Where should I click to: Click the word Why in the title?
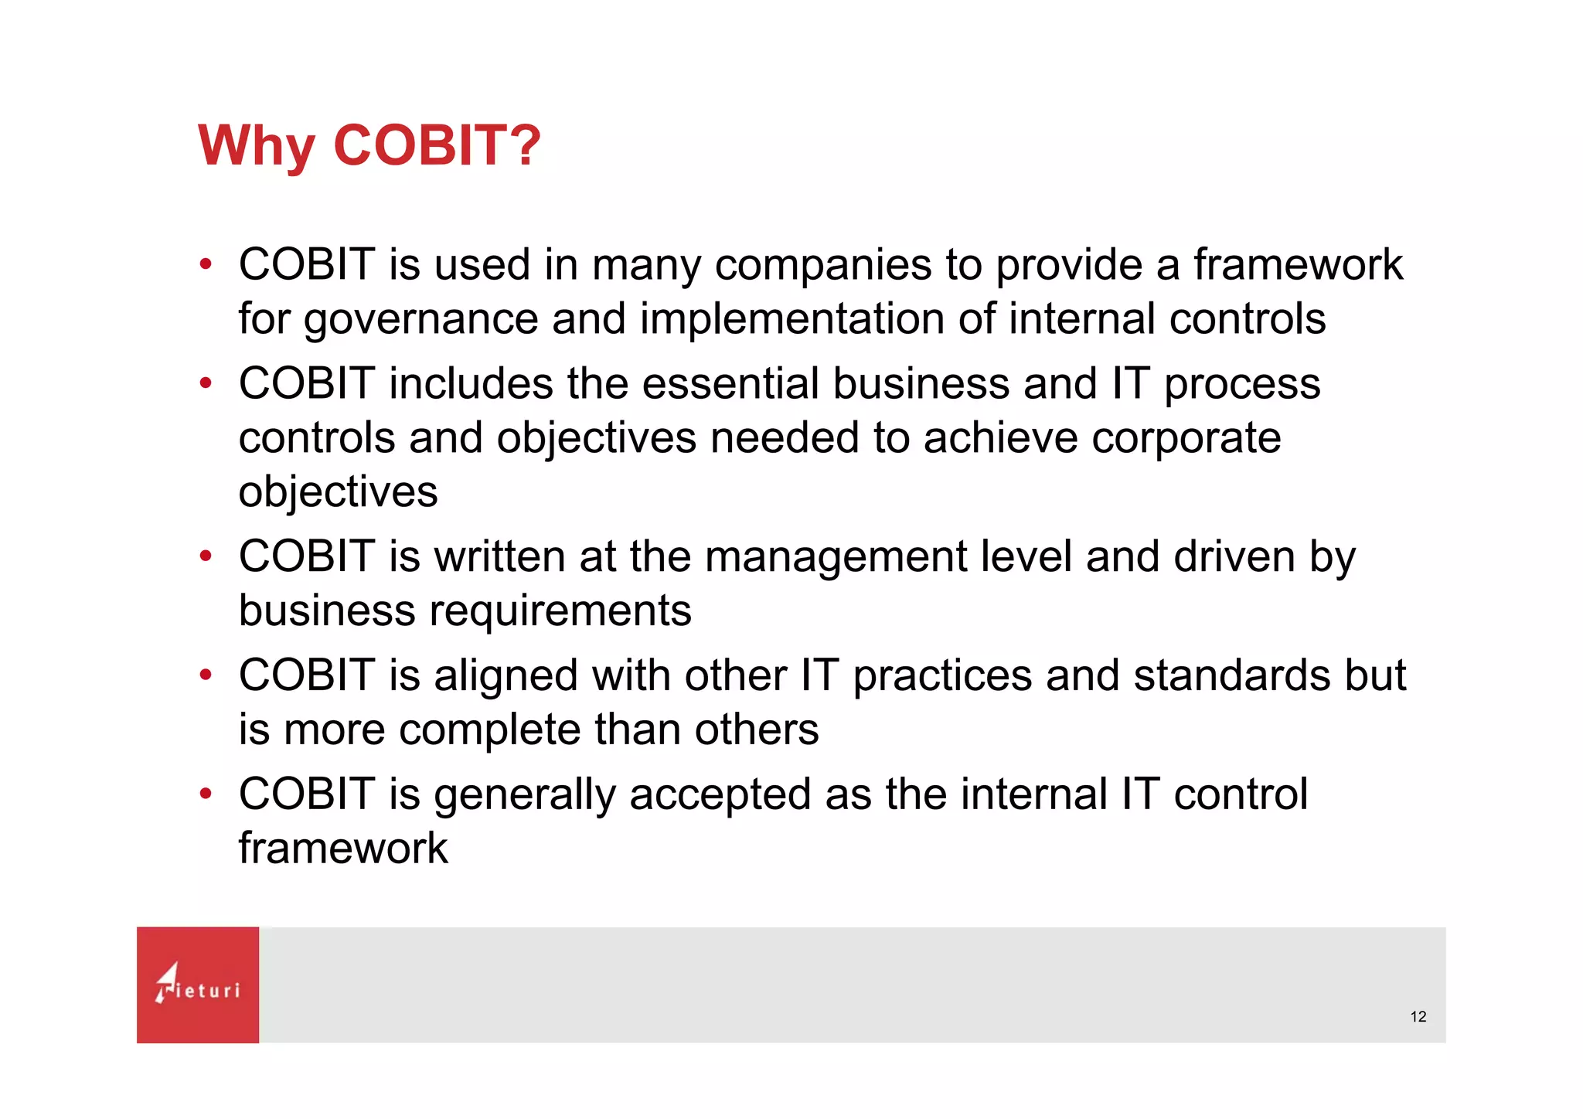(x=256, y=147)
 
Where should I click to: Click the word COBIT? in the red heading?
(x=437, y=145)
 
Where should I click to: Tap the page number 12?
(x=1418, y=1017)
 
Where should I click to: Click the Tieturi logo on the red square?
(x=198, y=985)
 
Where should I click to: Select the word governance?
(x=420, y=320)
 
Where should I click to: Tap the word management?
(x=835, y=558)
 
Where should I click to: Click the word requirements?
(x=560, y=611)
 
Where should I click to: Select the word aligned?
(x=506, y=677)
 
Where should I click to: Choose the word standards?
(x=1232, y=675)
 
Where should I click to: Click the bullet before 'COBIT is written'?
(x=205, y=556)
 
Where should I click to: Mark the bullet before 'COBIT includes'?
(x=205, y=383)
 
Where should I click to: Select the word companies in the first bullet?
(x=822, y=266)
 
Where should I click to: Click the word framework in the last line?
(x=342, y=849)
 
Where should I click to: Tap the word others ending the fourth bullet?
(x=756, y=730)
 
